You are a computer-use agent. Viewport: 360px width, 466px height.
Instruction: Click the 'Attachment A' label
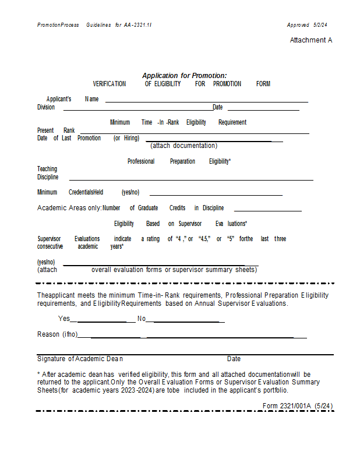click(x=311, y=40)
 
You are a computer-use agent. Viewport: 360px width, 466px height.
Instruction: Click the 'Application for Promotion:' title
click(x=185, y=76)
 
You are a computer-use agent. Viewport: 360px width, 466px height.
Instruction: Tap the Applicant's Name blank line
click(x=206, y=101)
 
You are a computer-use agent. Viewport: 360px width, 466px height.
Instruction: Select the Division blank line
click(x=137, y=108)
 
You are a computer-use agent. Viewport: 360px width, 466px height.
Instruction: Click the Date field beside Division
click(x=263, y=108)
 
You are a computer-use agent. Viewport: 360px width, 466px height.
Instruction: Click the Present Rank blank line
click(x=193, y=132)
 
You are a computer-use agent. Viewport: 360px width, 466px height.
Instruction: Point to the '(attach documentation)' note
click(x=183, y=146)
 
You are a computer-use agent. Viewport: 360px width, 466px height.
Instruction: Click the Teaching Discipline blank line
click(x=191, y=179)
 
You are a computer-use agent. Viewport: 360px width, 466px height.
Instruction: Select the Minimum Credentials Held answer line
click(x=216, y=194)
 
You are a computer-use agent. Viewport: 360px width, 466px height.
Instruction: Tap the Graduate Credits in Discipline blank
click(x=267, y=210)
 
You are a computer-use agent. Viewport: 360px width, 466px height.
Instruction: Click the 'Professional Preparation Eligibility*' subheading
click(x=179, y=161)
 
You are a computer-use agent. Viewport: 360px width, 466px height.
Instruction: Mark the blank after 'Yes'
click(x=103, y=320)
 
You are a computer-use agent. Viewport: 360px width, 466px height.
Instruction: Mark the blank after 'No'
click(x=185, y=320)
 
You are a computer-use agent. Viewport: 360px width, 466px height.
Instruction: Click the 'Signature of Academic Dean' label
click(x=80, y=359)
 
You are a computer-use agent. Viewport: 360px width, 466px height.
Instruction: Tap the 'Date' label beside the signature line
click(x=234, y=359)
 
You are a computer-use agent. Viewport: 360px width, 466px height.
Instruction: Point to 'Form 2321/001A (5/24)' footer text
click(x=298, y=405)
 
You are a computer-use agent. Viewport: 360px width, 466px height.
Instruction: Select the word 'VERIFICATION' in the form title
click(x=109, y=84)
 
